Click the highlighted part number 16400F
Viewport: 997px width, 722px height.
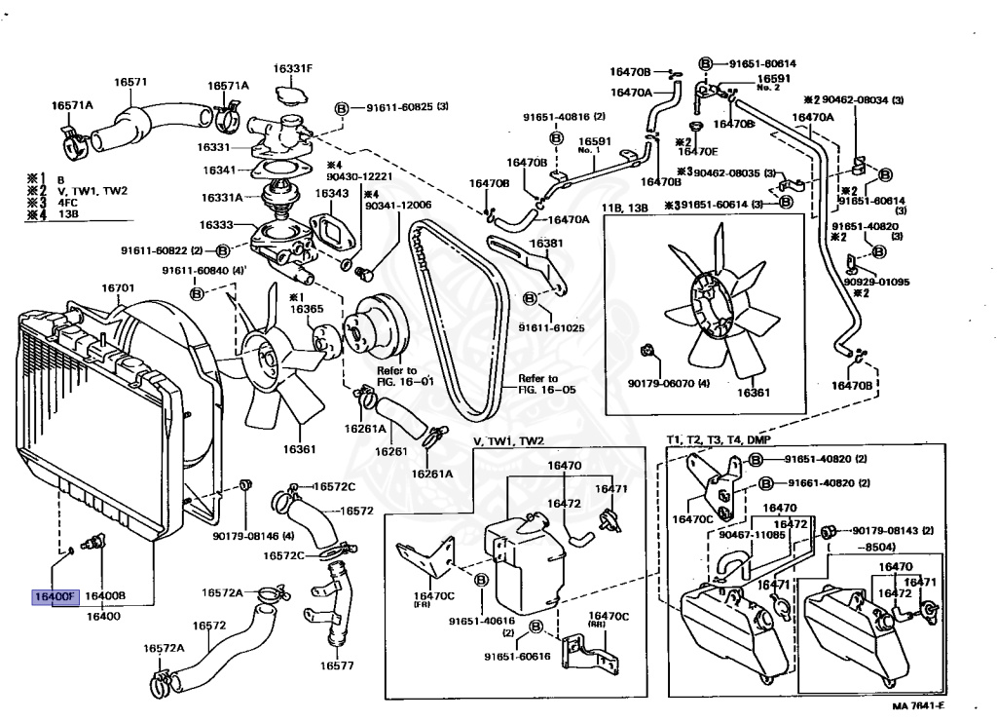tap(55, 595)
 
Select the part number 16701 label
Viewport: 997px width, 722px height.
tap(118, 288)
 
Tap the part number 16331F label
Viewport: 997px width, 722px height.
tap(292, 68)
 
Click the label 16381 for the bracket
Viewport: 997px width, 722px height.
tap(545, 244)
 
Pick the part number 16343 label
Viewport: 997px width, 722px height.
tap(331, 193)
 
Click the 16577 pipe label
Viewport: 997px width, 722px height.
tap(336, 666)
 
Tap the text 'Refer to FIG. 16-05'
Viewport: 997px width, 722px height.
tap(538, 383)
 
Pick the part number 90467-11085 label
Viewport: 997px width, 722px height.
tap(748, 534)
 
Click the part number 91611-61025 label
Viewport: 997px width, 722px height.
tap(551, 327)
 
